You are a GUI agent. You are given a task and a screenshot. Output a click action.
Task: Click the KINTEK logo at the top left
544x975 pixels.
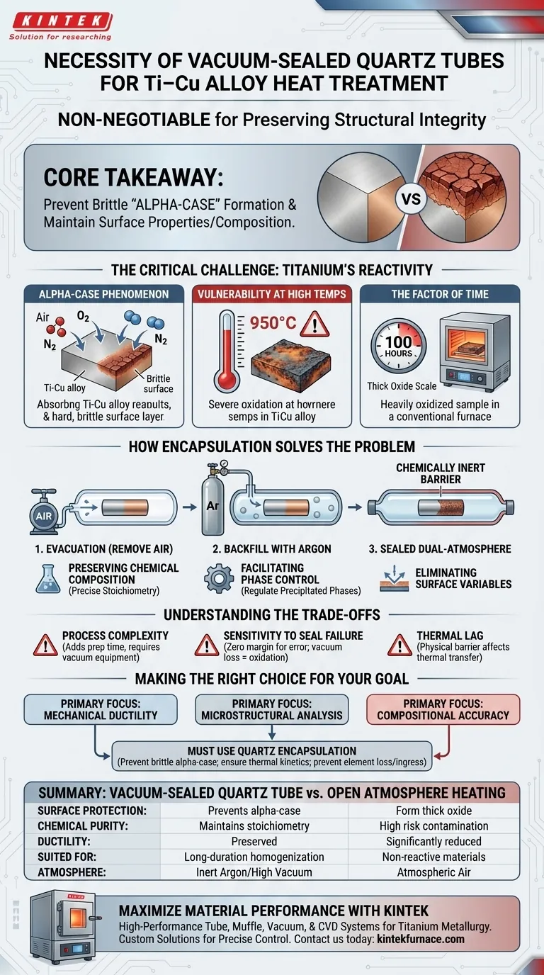tap(60, 21)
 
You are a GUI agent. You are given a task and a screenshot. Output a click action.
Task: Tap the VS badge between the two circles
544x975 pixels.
tap(412, 198)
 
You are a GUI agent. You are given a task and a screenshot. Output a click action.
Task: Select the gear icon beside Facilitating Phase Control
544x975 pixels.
tap(219, 578)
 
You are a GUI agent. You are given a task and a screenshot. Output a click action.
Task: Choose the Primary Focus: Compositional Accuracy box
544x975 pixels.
tap(443, 709)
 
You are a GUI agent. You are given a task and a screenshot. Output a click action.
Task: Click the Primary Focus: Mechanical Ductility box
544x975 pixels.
tap(101, 709)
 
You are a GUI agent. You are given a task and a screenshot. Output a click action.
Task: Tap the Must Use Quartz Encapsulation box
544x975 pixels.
tap(272, 756)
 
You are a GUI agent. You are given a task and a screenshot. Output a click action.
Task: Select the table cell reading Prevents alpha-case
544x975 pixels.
tap(254, 811)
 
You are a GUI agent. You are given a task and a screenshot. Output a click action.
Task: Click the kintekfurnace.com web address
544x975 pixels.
tap(420, 939)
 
